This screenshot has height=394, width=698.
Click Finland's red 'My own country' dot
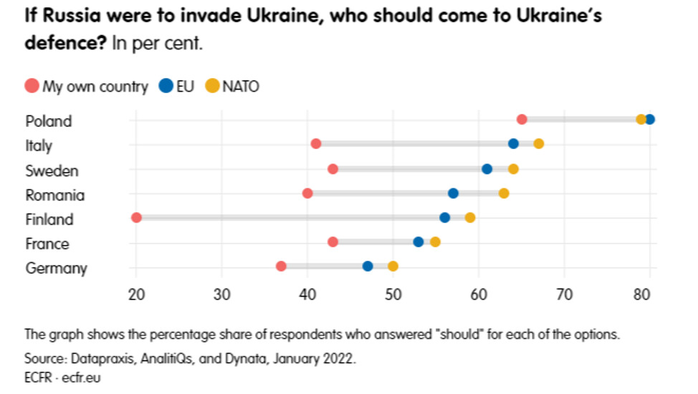pos(136,218)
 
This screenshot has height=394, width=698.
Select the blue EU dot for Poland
pos(649,119)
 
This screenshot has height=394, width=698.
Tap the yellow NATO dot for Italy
pos(538,144)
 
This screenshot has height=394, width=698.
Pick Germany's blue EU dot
pos(368,266)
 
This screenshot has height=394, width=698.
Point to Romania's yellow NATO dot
pos(504,193)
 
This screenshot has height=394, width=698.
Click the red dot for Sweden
pos(333,169)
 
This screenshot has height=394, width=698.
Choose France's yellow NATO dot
pos(435,242)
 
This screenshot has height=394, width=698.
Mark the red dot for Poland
pos(522,119)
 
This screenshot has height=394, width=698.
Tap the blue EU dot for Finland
pos(444,218)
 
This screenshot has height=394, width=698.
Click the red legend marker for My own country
pos(32,87)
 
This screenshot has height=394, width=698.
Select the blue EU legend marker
pos(166,87)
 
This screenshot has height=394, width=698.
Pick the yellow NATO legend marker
pos(212,87)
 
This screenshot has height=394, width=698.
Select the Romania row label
pos(54,195)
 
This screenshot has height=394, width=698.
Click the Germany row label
pos(56,269)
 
